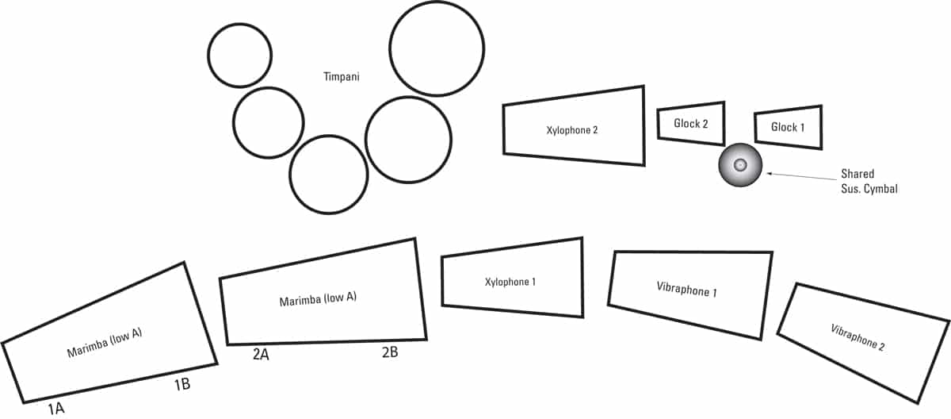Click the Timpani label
pos(342,77)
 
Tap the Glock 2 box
pos(690,123)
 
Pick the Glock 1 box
pos(788,127)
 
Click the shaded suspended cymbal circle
pos(740,165)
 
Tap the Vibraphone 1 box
pos(687,291)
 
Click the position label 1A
pos(55,409)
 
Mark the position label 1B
pos(181,386)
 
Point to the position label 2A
pos(262,354)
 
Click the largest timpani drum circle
pos(437,48)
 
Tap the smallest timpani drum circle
pos(240,56)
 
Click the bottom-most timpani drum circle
pos(328,175)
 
